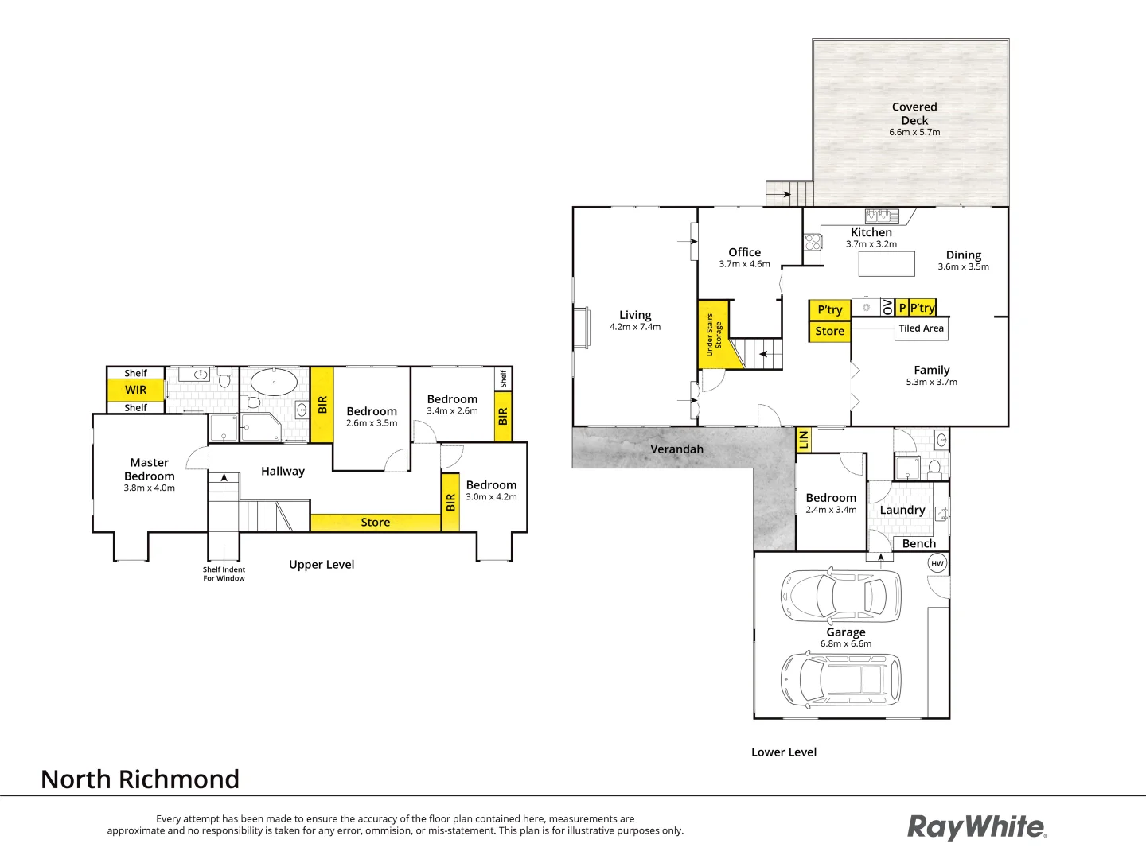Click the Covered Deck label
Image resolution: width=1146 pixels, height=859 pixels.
(914, 113)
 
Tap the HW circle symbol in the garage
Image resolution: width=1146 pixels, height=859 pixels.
(937, 563)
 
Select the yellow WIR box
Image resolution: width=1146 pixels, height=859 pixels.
(135, 390)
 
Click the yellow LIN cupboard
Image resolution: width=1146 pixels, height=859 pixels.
(803, 438)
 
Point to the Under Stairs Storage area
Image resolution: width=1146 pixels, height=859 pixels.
(714, 334)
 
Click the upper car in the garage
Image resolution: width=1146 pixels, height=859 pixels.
(842, 594)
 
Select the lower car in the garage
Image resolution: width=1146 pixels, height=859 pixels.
(841, 679)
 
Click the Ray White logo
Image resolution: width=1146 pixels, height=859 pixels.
(976, 827)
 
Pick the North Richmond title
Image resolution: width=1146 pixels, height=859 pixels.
(140, 779)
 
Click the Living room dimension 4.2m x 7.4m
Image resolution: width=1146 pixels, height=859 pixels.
(635, 327)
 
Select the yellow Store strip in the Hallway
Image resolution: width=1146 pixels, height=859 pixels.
(375, 523)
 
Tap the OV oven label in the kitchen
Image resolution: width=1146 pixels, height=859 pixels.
(887, 308)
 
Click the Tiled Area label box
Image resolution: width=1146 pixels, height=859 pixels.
(922, 328)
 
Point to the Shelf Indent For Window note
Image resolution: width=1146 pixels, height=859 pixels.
(224, 573)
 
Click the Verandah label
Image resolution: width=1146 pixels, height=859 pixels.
(676, 449)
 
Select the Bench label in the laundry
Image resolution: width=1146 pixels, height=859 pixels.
(919, 543)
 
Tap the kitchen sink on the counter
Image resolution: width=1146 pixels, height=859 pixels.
(882, 215)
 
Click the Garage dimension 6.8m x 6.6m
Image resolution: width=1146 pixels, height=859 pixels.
(846, 644)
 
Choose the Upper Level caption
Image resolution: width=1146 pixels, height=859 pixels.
(322, 565)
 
